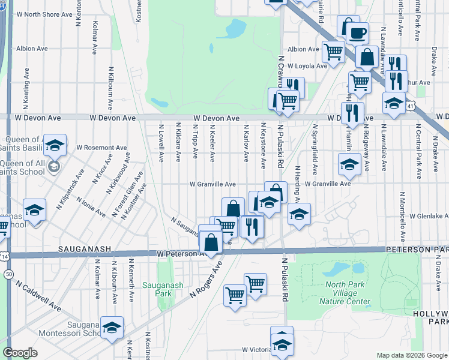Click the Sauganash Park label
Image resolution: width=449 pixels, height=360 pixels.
click(x=157, y=289)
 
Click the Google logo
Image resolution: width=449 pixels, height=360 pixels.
click(x=20, y=353)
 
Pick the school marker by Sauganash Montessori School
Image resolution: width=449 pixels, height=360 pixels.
click(x=112, y=328)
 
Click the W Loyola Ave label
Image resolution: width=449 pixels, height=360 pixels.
click(x=307, y=66)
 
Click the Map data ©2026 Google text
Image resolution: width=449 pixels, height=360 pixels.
click(x=412, y=355)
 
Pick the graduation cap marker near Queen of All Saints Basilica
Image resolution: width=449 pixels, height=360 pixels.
click(x=54, y=145)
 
